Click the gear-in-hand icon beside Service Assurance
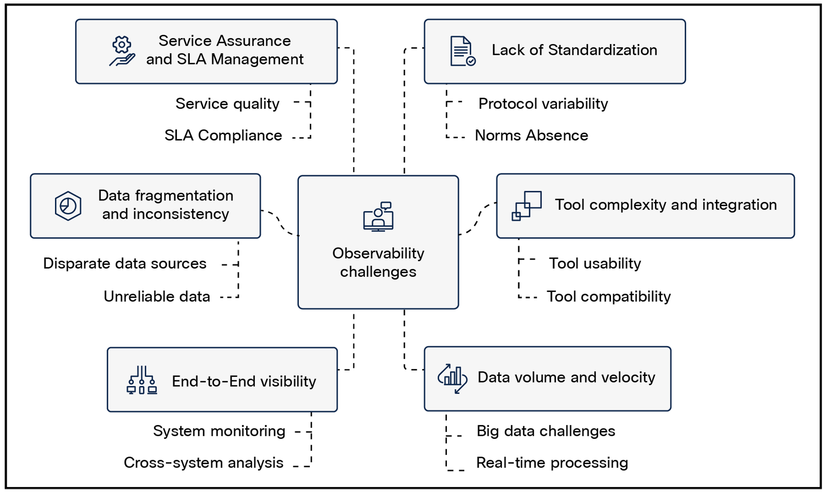122,51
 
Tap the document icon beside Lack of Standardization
463,51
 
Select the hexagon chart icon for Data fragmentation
68,206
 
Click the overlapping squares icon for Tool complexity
527,206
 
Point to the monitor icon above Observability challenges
378,216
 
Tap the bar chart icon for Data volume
452,378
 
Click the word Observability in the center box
378,253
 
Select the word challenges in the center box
378,272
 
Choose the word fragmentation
184,195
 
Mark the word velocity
629,377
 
